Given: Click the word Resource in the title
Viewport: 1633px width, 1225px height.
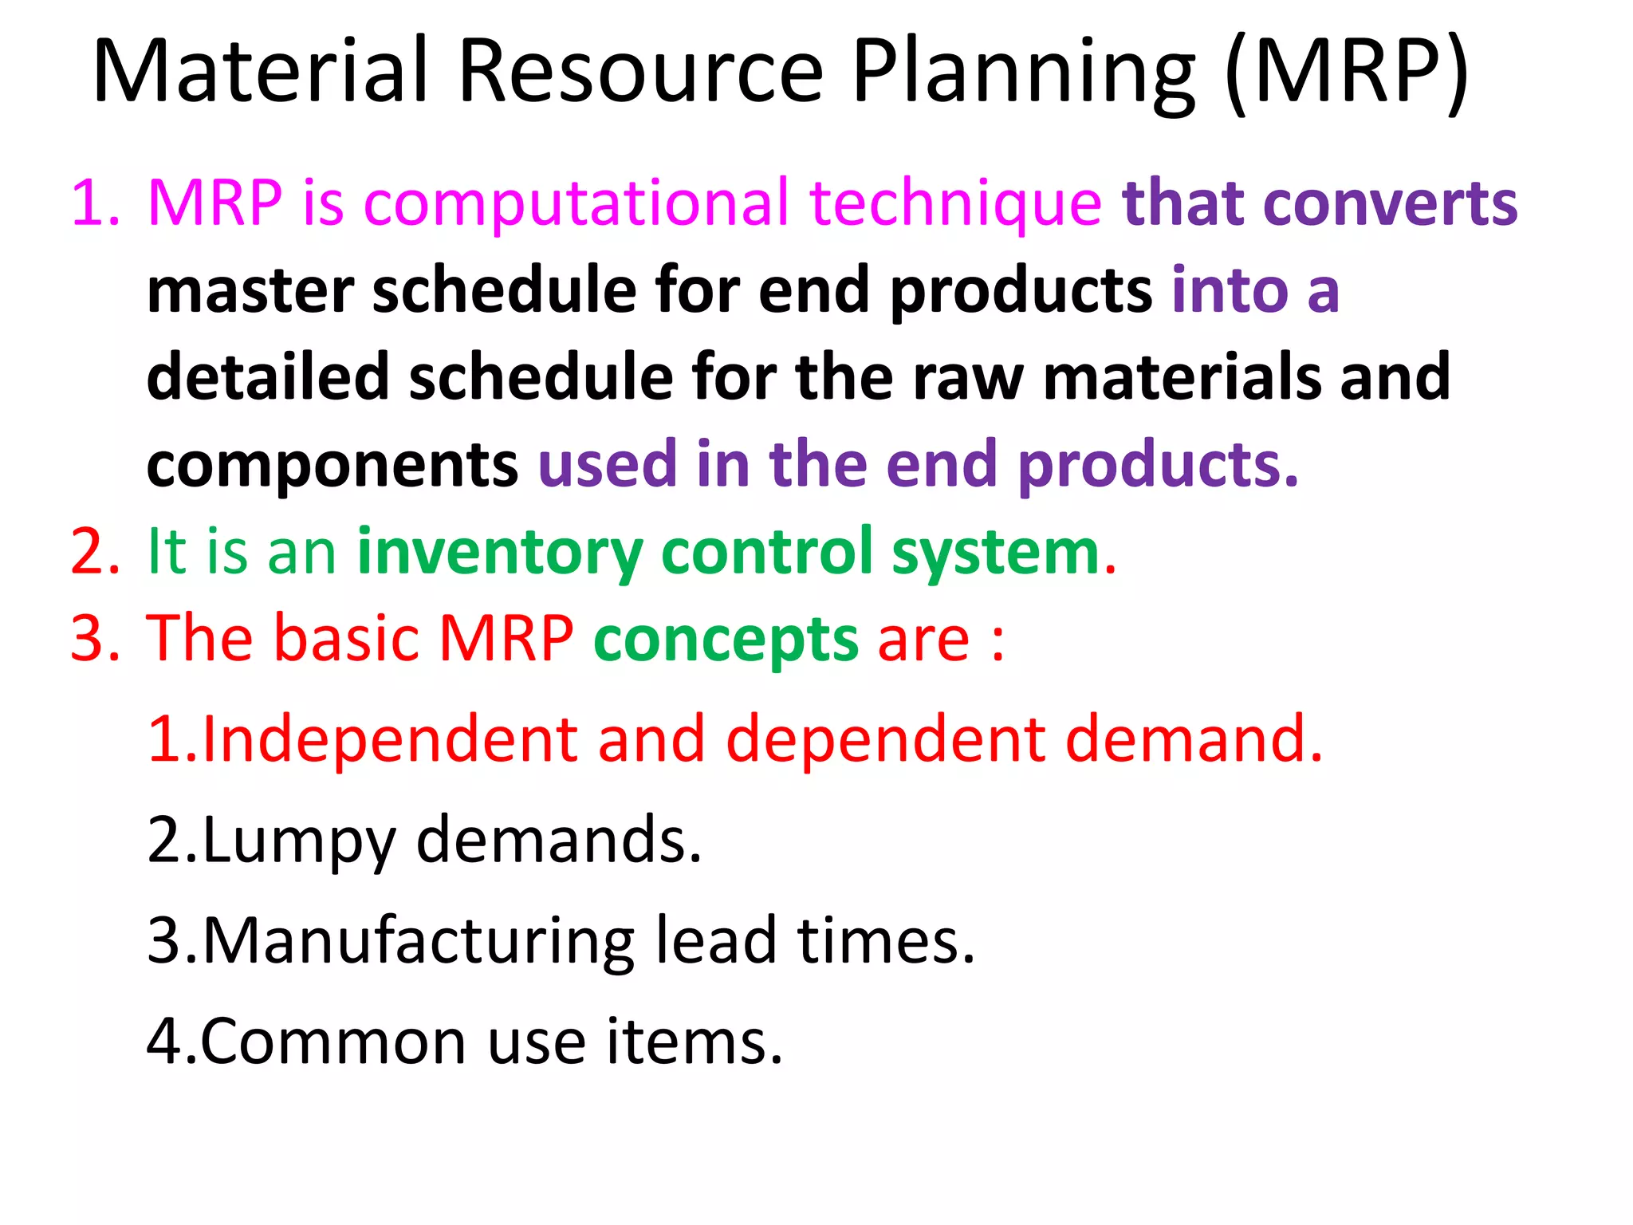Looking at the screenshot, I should pyautogui.click(x=640, y=72).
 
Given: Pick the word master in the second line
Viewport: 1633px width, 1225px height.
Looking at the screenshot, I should pyautogui.click(x=250, y=290).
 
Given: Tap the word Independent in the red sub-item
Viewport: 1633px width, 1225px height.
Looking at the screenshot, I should pyautogui.click(x=390, y=739).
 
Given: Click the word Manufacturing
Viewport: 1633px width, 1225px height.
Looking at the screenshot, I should pyautogui.click(x=419, y=942).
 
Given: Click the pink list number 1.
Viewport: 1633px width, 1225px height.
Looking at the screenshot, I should pyautogui.click(x=94, y=204).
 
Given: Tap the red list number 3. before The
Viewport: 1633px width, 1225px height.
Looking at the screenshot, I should pyautogui.click(x=94, y=640).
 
